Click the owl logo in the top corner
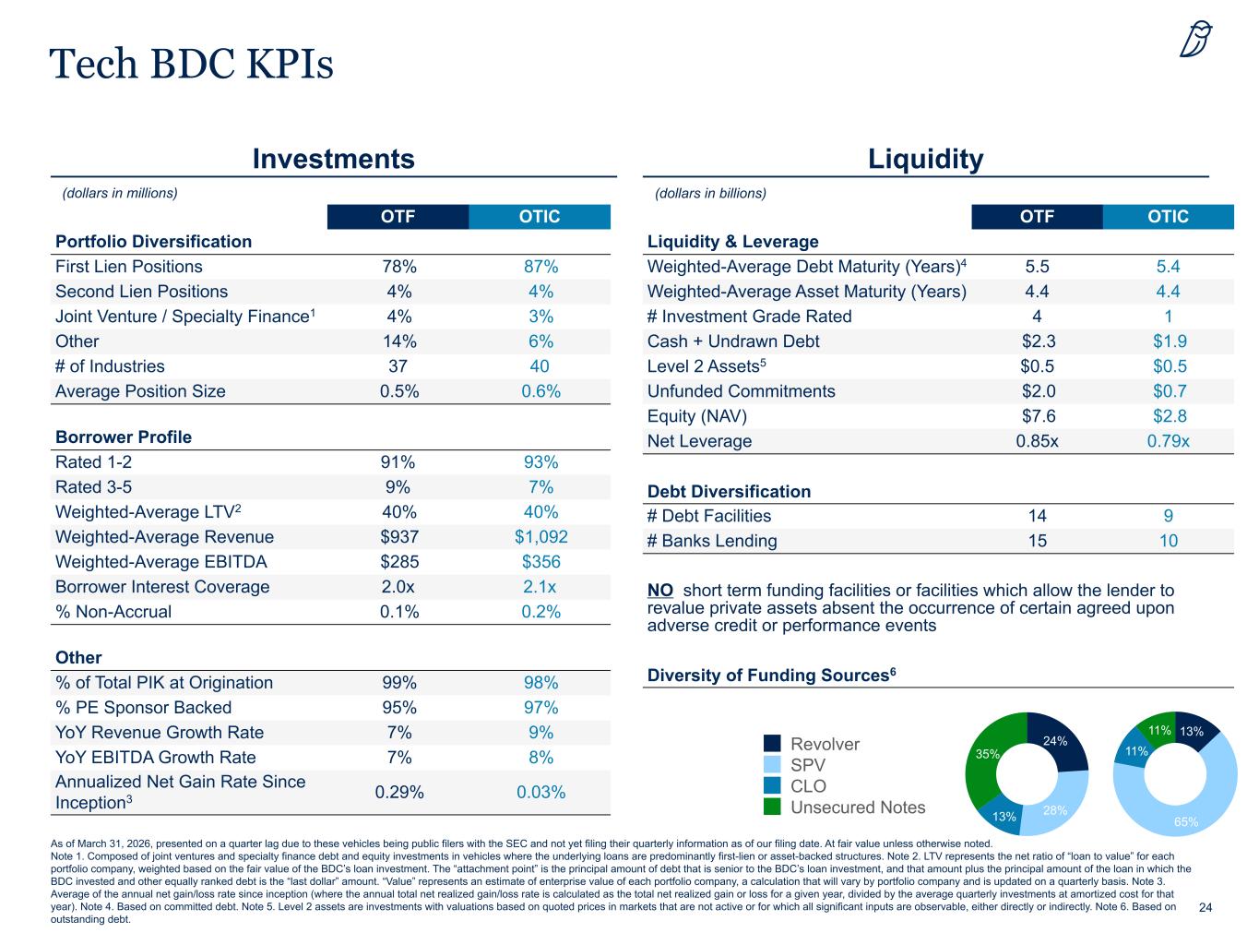[x=1195, y=39]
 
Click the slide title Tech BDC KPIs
[x=191, y=63]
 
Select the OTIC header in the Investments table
[x=540, y=216]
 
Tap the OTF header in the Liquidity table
[x=1037, y=216]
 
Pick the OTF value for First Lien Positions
[x=399, y=266]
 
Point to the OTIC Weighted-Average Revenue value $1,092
[x=540, y=536]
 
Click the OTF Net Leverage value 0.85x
[x=1037, y=440]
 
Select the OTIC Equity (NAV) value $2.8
[x=1170, y=416]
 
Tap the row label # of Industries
[x=110, y=366]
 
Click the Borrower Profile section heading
[x=124, y=437]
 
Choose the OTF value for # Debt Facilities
[x=1037, y=516]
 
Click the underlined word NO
[x=660, y=590]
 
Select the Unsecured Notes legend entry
[x=844, y=807]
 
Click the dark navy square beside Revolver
[x=772, y=744]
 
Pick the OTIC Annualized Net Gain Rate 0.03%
[x=540, y=792]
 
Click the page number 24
[x=1206, y=907]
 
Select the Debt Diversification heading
[x=729, y=491]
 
